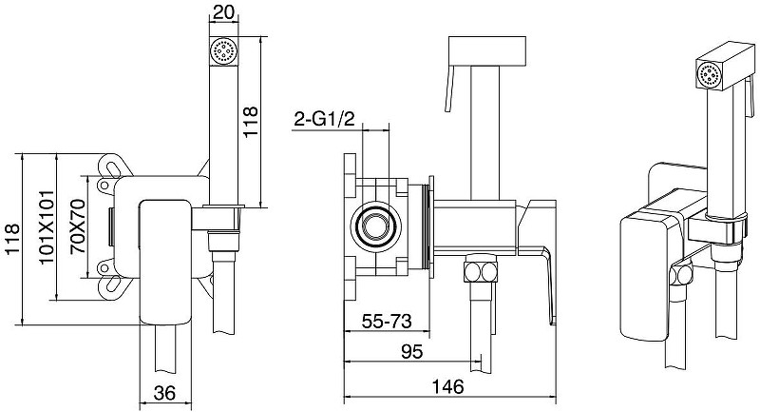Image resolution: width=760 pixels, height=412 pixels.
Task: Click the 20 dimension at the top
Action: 223,12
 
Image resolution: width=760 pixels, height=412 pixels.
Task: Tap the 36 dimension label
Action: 163,393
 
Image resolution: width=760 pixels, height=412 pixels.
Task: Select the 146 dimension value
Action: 447,386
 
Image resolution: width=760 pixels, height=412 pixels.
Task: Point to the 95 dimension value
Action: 411,351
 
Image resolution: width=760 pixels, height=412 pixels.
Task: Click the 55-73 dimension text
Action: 387,321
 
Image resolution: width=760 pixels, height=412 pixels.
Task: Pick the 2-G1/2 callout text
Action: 324,119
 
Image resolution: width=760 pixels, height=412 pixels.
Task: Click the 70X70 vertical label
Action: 78,226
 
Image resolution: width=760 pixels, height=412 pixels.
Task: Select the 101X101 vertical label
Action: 47,227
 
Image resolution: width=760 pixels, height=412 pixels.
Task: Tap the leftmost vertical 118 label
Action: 12,239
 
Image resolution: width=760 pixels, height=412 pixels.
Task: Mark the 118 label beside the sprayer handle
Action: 250,122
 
